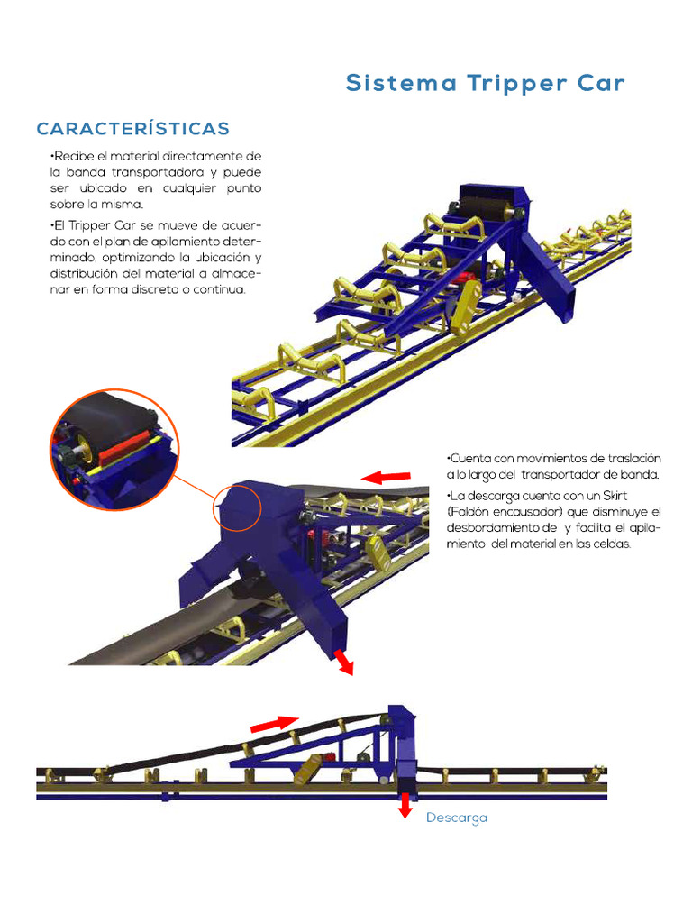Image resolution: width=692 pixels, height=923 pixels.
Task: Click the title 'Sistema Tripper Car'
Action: click(x=485, y=84)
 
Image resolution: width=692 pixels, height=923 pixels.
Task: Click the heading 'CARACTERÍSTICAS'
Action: click(x=132, y=129)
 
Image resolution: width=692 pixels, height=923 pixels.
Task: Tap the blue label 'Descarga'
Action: click(x=456, y=818)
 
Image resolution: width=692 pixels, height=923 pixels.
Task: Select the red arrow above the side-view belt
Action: click(x=274, y=723)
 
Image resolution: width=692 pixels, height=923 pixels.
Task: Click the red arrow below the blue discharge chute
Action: click(x=342, y=661)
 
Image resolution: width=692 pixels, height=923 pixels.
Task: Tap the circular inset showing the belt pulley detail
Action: click(x=114, y=449)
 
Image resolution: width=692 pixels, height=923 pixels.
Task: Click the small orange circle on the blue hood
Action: click(x=236, y=510)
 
